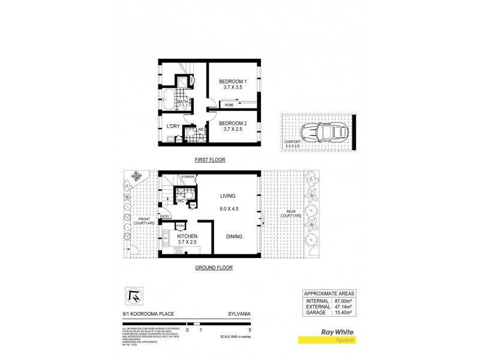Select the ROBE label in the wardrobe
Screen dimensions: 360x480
point(229,105)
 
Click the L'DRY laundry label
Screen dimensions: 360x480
point(173,126)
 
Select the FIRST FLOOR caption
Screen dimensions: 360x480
point(209,160)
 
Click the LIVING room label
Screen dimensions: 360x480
point(227,196)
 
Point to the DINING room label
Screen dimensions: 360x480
point(234,236)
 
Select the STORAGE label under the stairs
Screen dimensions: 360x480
point(188,178)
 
